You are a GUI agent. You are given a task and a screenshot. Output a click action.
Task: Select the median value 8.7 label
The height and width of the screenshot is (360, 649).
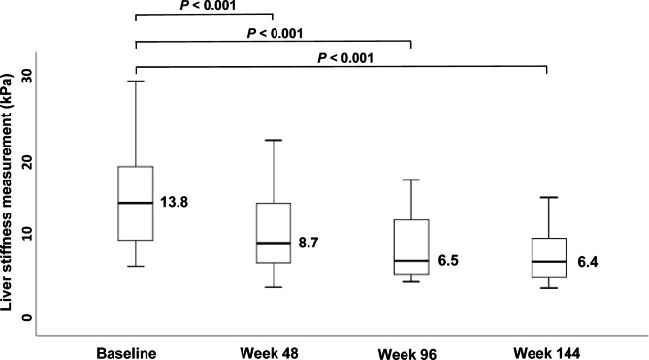[308, 243]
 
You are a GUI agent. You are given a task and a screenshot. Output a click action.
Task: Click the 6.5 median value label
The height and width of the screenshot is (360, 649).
[447, 261]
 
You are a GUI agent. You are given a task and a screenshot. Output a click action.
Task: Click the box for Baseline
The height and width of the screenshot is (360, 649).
[136, 203]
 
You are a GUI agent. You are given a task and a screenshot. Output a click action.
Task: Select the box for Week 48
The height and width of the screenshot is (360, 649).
[274, 233]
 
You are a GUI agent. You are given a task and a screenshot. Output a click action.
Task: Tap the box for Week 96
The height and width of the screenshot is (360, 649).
[411, 247]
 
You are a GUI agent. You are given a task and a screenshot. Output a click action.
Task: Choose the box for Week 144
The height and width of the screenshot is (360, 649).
[548, 257]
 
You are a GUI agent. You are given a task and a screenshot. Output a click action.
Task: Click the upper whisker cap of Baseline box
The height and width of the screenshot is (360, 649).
[136, 81]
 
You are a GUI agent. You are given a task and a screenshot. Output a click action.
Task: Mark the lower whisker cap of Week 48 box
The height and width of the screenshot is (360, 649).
[274, 287]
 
